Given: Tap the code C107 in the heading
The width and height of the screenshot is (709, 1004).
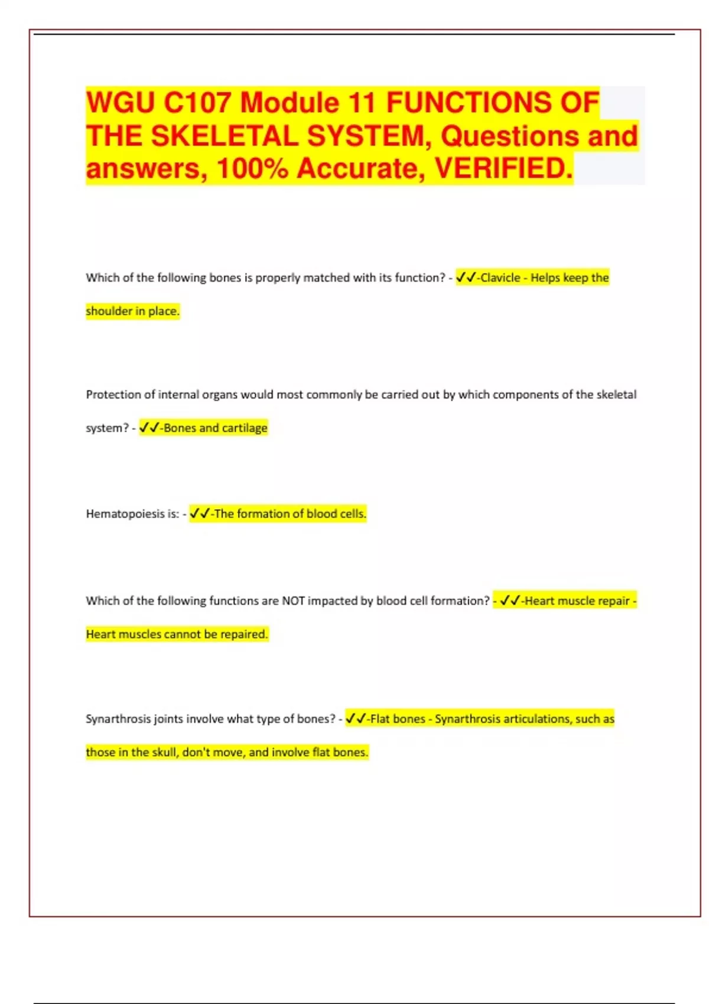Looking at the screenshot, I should (197, 103).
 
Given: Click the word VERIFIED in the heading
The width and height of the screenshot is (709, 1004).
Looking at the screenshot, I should (503, 169).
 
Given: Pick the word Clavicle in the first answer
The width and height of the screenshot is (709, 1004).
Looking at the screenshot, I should (500, 278).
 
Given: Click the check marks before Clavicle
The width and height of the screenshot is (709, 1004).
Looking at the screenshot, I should (466, 278).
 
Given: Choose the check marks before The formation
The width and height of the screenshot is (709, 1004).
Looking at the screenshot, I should (200, 514).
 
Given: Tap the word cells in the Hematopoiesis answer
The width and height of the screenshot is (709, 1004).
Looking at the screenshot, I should (353, 514).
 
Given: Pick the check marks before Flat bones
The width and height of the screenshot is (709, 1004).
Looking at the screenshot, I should (356, 719).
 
